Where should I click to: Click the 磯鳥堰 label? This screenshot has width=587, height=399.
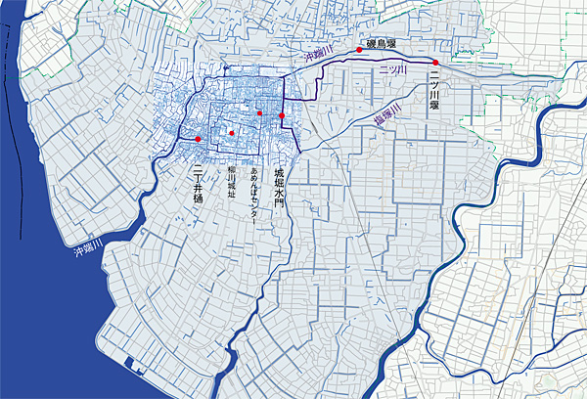pos(380,43)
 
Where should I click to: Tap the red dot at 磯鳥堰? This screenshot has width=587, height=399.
pos(360,49)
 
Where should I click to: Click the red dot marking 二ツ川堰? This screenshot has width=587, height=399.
pos(434,62)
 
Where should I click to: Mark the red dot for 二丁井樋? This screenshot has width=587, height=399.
pos(198,139)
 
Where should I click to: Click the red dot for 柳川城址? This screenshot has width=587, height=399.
pos(232,132)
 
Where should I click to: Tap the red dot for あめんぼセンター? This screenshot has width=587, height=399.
pos(260,112)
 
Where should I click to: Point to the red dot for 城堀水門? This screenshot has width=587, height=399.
pos(282,115)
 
